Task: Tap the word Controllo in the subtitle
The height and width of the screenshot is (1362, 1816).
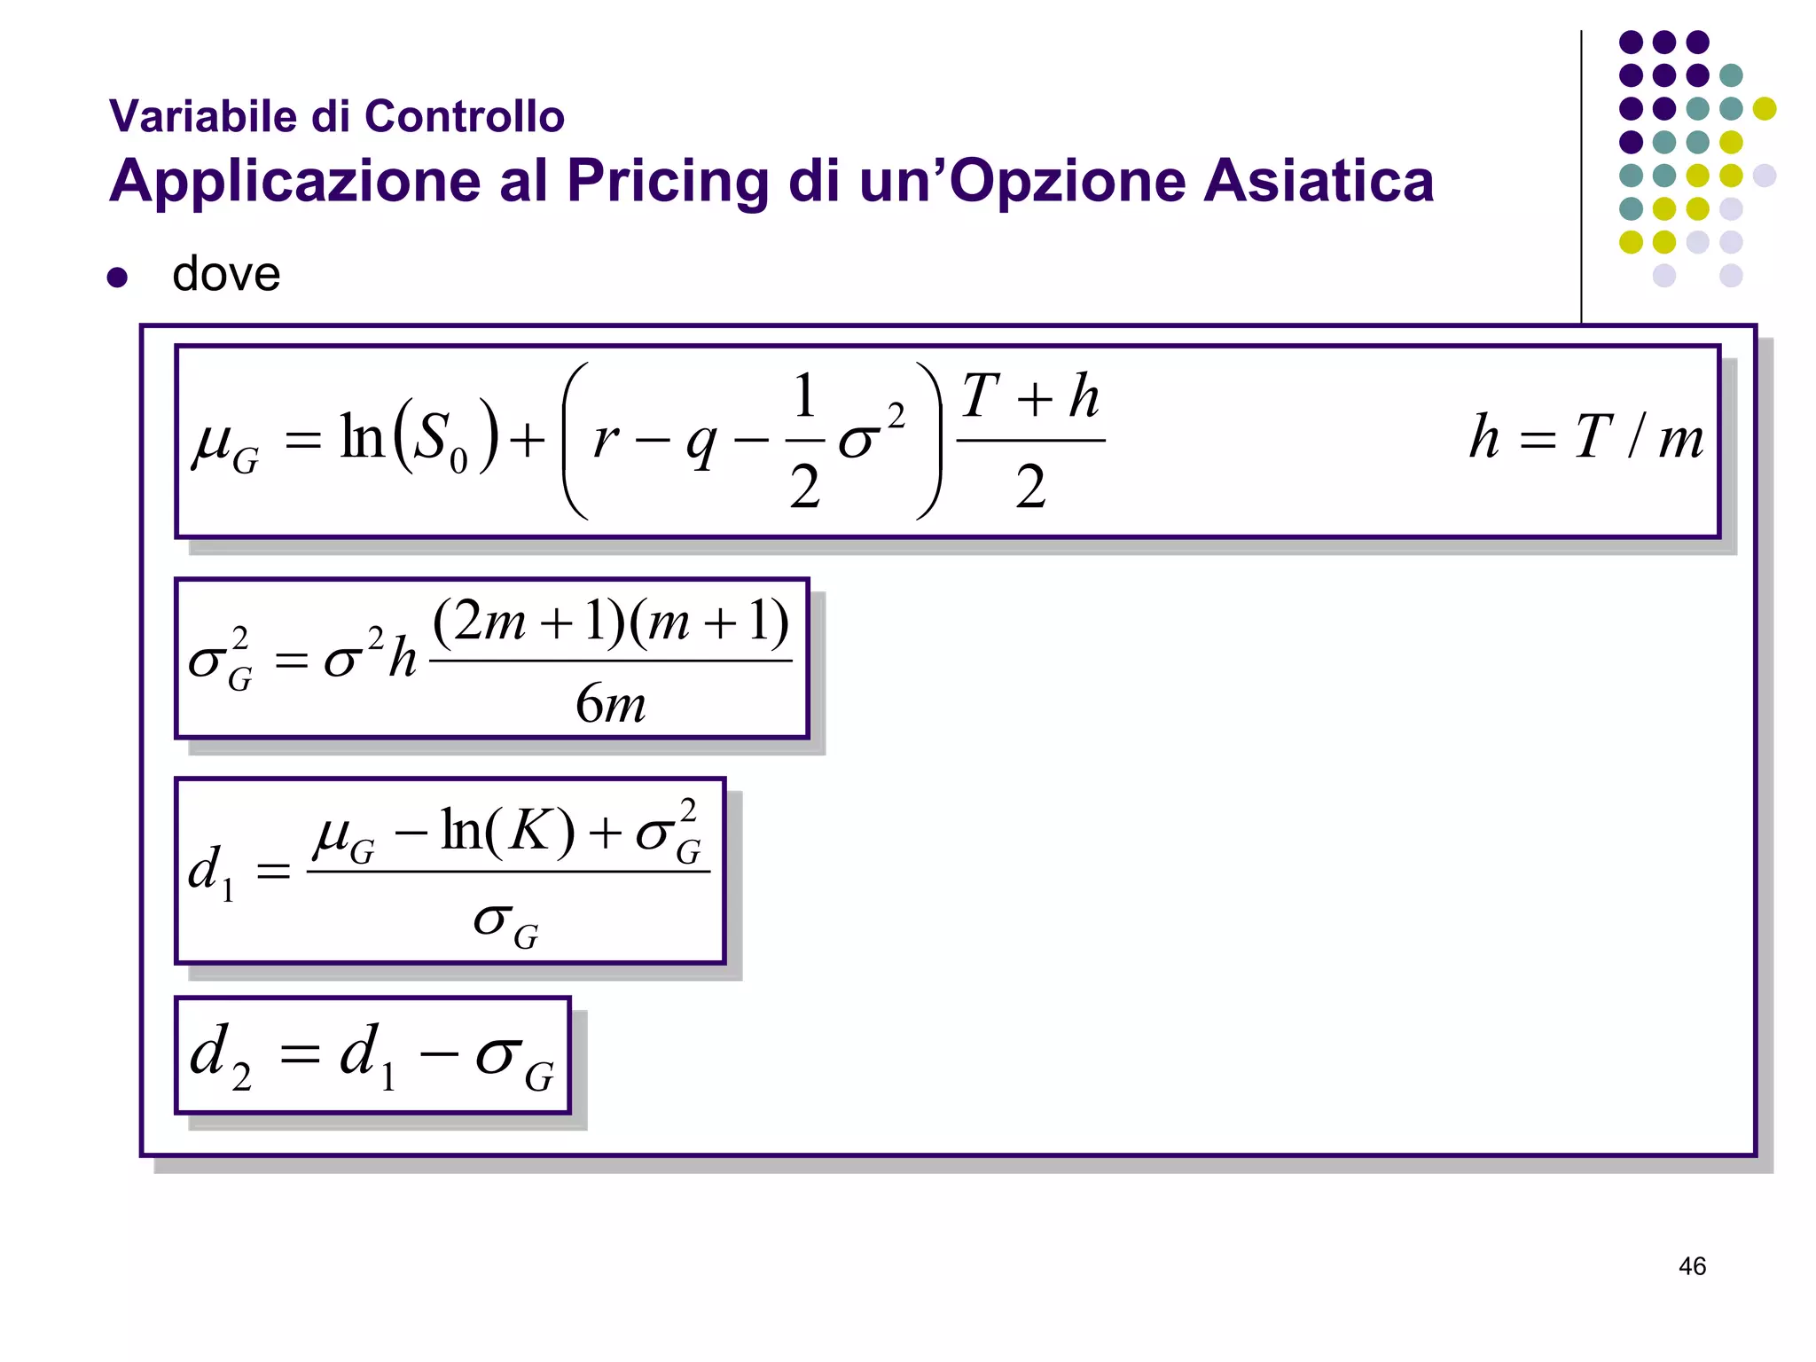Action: coord(465,116)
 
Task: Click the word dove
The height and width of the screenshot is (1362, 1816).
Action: coord(226,274)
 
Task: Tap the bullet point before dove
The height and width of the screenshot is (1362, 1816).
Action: coord(117,278)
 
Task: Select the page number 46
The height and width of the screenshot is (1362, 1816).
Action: coord(1692,1266)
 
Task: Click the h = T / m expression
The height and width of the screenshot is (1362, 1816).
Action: coord(1586,437)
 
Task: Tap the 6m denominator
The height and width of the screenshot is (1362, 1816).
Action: coord(610,705)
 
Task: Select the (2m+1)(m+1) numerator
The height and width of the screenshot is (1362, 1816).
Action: coord(611,621)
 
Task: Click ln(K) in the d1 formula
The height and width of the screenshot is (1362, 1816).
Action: coord(508,832)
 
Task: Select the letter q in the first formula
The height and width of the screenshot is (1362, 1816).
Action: coord(701,442)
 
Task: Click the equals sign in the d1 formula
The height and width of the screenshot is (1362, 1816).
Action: coord(273,872)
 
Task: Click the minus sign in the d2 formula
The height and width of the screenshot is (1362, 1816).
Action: coord(439,1054)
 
